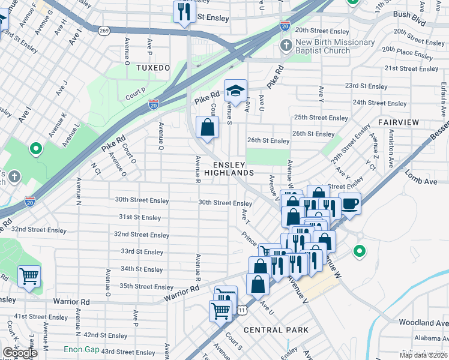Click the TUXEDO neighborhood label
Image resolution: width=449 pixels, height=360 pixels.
click(153, 68)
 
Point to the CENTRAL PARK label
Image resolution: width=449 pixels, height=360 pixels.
click(276, 330)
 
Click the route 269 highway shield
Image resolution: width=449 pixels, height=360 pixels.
click(104, 29)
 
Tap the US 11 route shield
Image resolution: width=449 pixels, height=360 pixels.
click(241, 310)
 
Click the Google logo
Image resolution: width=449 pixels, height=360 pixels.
click(20, 353)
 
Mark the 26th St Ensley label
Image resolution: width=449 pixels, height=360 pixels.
click(268, 141)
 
